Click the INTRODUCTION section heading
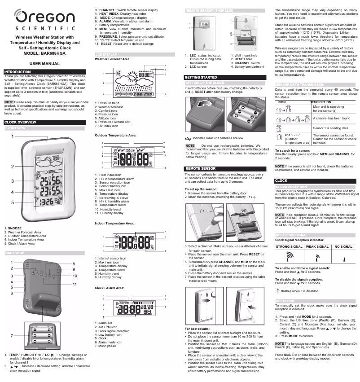click(18, 72)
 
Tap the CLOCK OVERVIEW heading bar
click(20, 122)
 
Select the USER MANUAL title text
click(44, 64)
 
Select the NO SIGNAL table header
click(343, 247)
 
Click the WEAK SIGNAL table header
click(317, 247)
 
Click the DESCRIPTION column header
click(320, 102)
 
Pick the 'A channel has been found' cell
click(331, 118)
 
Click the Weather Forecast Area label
click(113, 59)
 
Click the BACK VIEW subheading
click(15, 253)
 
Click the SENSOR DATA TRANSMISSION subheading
click(299, 84)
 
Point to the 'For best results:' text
click(198, 329)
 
